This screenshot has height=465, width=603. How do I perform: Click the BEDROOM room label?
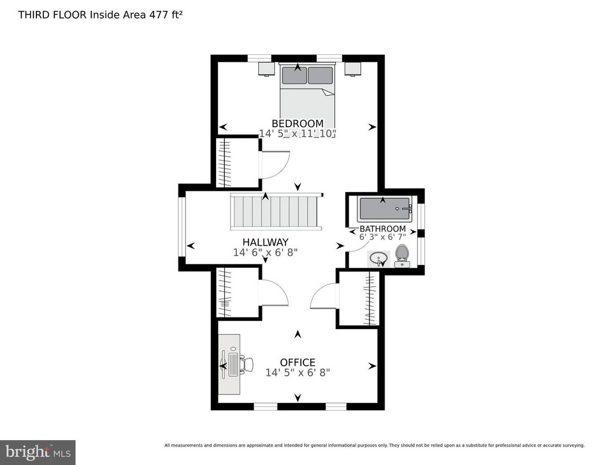pos(297,123)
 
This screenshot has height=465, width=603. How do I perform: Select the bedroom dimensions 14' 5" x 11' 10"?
pos(297,134)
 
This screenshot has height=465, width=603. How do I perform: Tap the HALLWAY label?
pos(265,242)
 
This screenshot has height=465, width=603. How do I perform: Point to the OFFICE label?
pos(298,363)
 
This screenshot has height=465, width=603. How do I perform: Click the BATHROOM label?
pos(382,229)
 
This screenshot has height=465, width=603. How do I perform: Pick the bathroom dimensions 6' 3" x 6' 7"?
pos(382,237)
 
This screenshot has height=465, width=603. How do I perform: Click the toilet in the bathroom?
pos(402,256)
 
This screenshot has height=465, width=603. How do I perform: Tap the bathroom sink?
pos(379,258)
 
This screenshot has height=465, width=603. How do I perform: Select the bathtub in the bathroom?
pos(385,209)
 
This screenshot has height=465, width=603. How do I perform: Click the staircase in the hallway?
pos(275,212)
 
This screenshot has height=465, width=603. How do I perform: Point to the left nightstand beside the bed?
pos(266,69)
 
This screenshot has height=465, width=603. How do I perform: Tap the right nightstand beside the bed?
pos(353,69)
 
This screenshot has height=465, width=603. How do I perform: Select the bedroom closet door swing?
pos(275,164)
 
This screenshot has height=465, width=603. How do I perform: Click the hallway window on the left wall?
pos(181,226)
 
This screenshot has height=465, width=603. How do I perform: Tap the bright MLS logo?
pos(38,451)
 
